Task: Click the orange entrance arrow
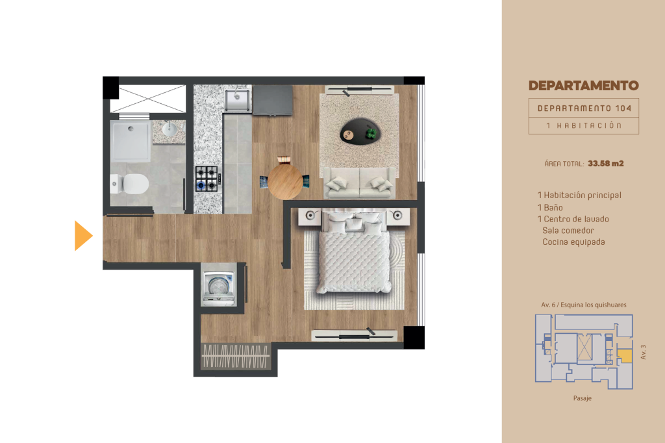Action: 82,236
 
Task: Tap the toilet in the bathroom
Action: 130,184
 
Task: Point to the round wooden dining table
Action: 285,182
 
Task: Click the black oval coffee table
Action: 360,132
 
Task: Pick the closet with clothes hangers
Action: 235,355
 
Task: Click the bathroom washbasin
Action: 169,129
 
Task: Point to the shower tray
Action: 131,142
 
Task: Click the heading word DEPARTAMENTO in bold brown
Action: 584,86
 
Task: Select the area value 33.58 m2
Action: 606,164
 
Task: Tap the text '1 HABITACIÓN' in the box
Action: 584,125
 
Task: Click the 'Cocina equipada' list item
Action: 573,242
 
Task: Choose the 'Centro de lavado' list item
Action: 576,219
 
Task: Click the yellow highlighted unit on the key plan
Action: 624,356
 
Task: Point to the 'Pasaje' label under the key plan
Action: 583,398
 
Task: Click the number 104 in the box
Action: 623,108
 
